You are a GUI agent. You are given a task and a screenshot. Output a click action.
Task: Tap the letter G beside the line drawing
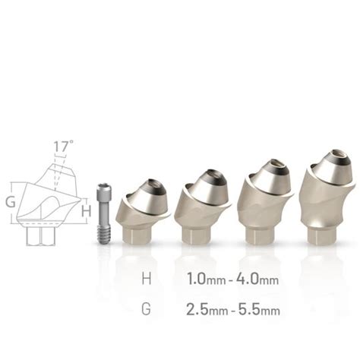tap(10, 202)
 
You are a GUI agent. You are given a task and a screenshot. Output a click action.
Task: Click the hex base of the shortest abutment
tap(137, 232)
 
